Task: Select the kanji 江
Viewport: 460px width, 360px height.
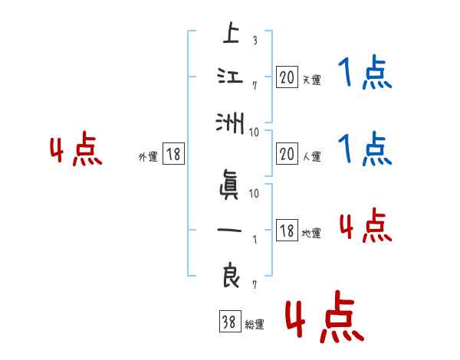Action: tap(230, 77)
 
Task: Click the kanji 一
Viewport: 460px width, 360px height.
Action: tap(230, 231)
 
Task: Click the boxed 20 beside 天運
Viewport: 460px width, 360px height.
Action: tap(287, 77)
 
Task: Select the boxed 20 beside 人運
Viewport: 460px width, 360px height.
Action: tap(287, 155)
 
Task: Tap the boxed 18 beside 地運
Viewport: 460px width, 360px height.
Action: tap(287, 231)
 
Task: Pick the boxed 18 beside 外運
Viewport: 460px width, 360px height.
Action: tap(172, 155)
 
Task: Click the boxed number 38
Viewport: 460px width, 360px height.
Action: tap(229, 323)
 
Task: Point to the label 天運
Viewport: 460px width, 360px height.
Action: tap(310, 80)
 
